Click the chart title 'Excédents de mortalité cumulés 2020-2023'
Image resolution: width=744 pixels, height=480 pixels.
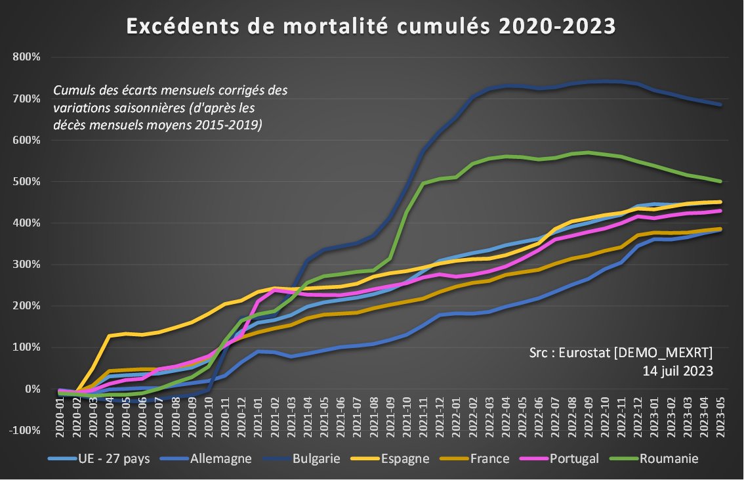[371, 26]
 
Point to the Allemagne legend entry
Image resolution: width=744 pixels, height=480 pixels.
[220, 458]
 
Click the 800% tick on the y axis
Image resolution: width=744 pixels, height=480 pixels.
[27, 57]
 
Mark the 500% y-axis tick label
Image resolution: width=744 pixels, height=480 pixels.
[27, 182]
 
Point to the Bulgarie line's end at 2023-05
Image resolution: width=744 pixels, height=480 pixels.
[720, 104]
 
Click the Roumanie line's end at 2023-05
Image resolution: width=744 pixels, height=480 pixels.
[720, 181]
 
